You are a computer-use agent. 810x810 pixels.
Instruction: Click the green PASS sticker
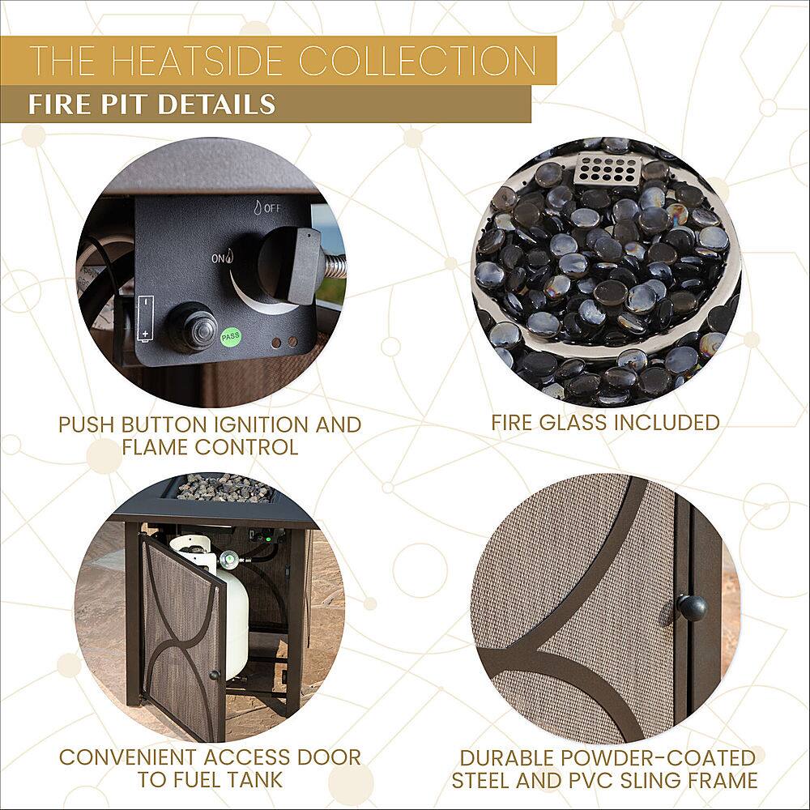[230, 336]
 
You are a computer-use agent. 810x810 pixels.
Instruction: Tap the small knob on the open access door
[213, 676]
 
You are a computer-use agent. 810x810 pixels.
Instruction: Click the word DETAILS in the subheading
[215, 104]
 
